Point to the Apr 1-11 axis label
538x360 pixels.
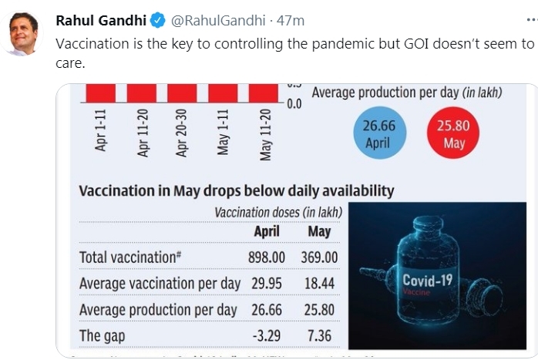pyautogui.click(x=101, y=130)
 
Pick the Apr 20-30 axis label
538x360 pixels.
pyautogui.click(x=183, y=132)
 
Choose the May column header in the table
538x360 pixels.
pyautogui.click(x=319, y=231)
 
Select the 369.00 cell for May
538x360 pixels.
pyautogui.click(x=318, y=257)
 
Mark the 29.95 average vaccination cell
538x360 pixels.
pyautogui.click(x=267, y=284)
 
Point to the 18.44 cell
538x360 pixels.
pyautogui.click(x=319, y=284)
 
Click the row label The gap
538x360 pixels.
pyautogui.click(x=102, y=335)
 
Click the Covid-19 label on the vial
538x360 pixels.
pyautogui.click(x=427, y=281)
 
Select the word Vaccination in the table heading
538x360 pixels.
pyautogui.click(x=117, y=190)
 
